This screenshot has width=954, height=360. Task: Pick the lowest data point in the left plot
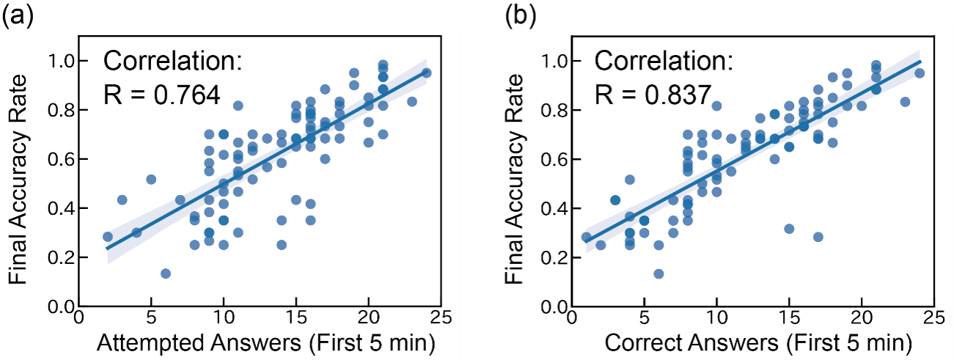tap(165, 273)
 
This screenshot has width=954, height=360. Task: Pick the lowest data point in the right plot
tap(658, 273)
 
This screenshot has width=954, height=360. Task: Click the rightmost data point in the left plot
tap(426, 73)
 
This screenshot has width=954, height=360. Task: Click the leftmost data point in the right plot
tap(585, 237)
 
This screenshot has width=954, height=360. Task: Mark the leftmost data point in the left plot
tap(107, 237)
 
